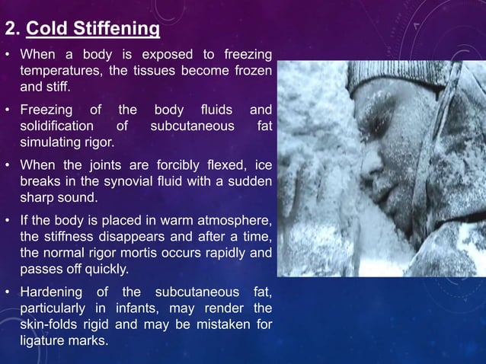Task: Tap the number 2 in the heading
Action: pyautogui.click(x=10, y=30)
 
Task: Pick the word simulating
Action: pyautogui.click(x=50, y=142)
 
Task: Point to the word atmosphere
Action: pyautogui.click(x=234, y=221)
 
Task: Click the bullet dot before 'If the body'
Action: pyautogui.click(x=8, y=221)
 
